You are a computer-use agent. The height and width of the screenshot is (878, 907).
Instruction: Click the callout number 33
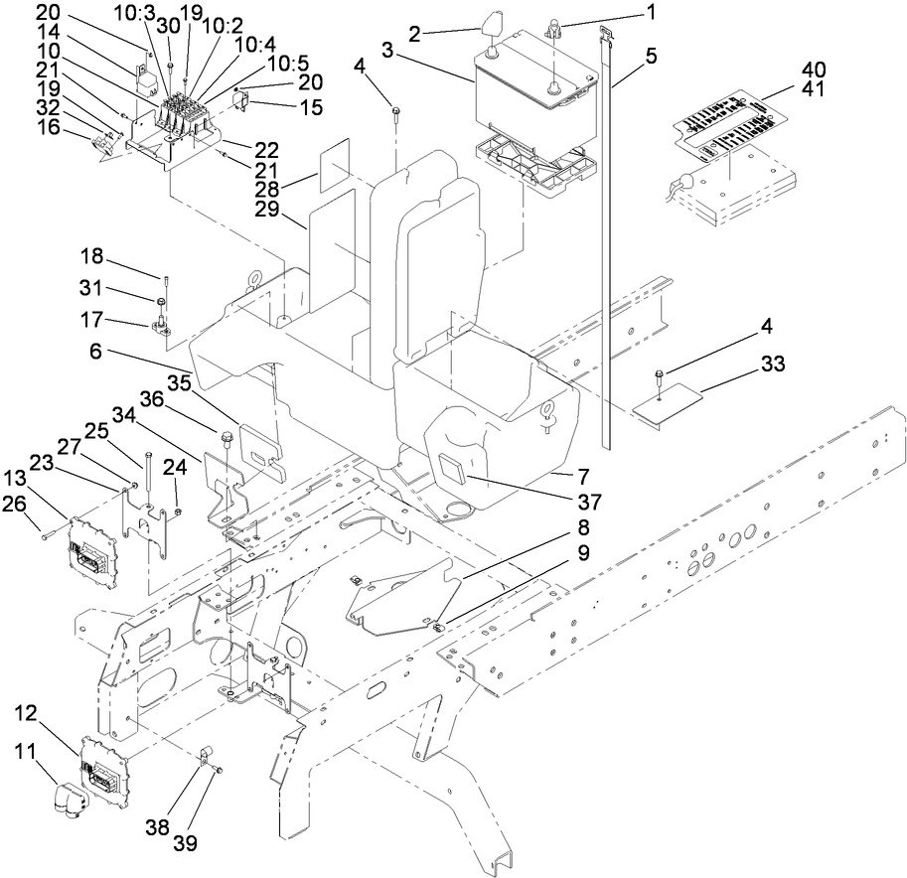click(x=773, y=366)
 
